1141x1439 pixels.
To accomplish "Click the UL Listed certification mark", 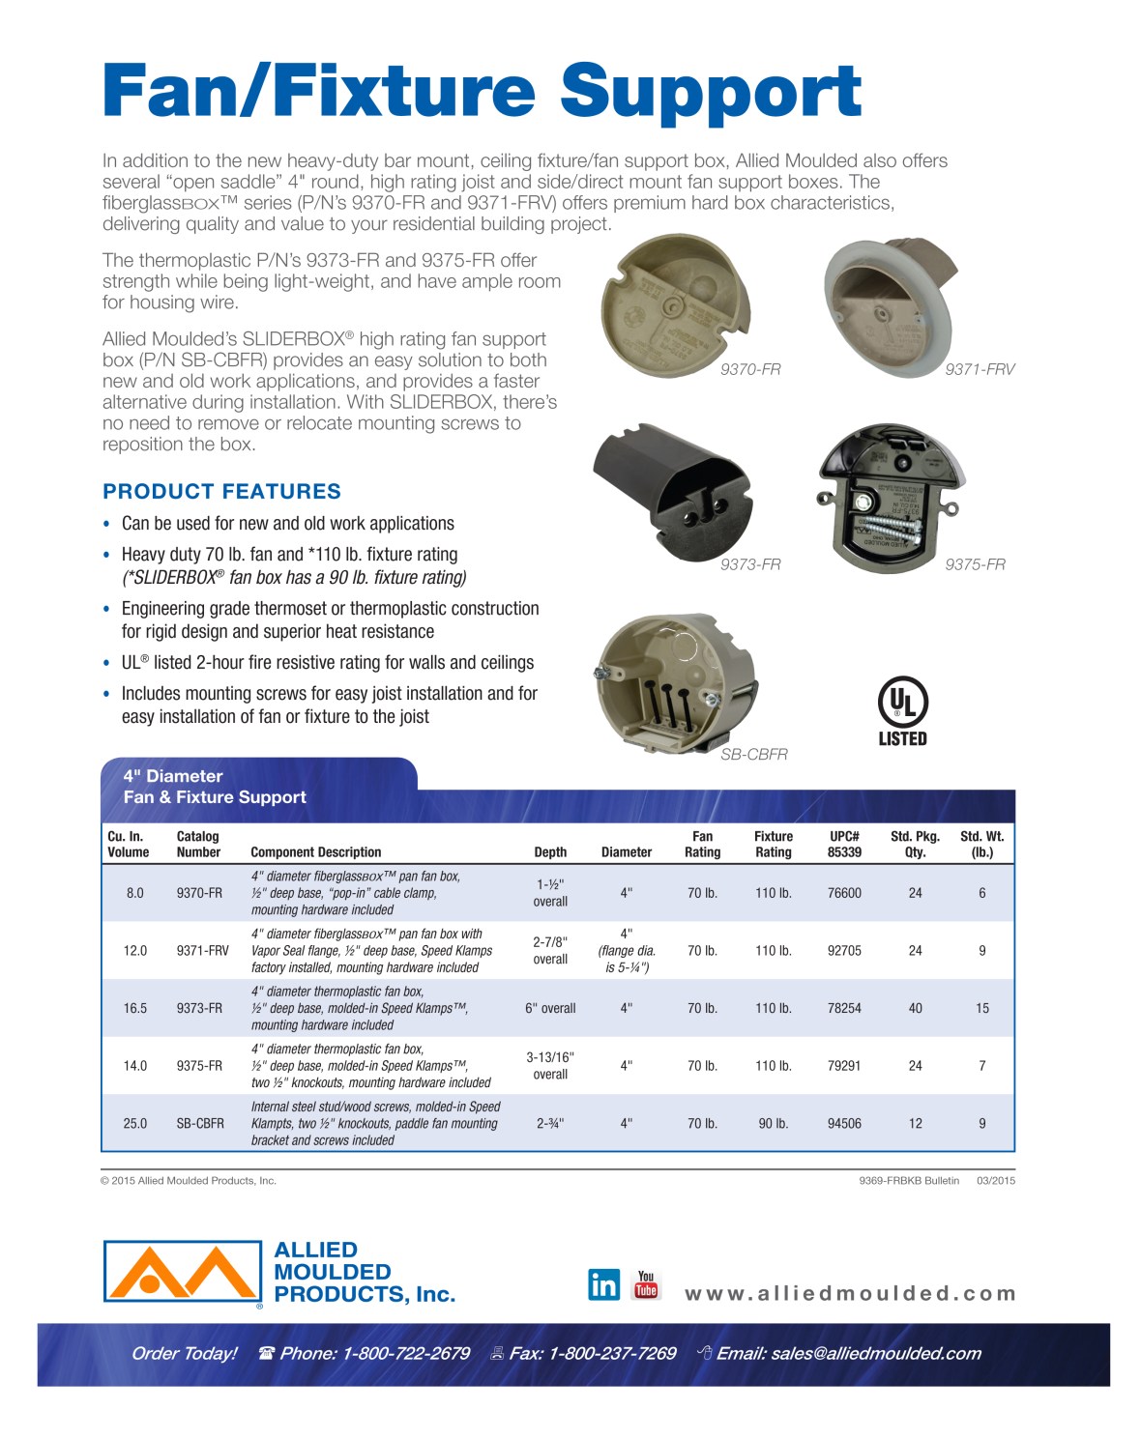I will coord(902,711).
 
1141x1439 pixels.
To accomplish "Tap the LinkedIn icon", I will coord(603,1284).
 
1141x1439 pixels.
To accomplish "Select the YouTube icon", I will coord(646,1284).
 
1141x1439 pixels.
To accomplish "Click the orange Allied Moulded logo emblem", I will coord(182,1272).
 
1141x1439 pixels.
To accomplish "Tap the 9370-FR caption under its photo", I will coord(750,369).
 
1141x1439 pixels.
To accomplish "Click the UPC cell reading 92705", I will coord(844,950).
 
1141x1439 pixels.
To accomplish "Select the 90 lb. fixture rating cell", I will coord(773,1123).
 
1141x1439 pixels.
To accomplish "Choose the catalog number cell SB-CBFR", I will coord(200,1123).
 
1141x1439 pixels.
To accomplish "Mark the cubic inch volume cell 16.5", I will coord(135,1008).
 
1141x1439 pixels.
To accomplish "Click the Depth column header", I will coord(550,851).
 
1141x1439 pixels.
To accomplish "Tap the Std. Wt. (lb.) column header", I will coord(981,844).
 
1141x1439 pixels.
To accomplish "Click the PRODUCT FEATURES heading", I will coord(221,491).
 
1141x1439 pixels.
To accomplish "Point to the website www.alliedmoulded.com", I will coord(850,1293).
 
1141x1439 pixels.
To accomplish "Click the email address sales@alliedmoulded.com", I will coord(875,1353).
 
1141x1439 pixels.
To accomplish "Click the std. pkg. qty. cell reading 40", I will coord(915,1008).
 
